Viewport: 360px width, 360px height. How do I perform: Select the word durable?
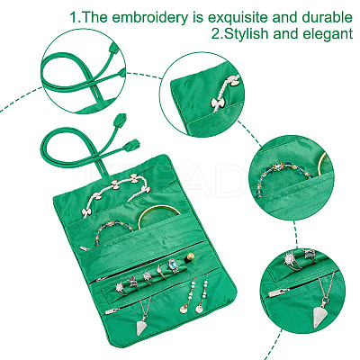pos(327,17)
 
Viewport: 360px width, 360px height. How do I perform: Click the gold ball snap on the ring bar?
pos(190,257)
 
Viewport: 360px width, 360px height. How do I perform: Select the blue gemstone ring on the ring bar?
pos(174,265)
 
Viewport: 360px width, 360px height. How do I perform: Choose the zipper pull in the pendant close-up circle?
pos(279,292)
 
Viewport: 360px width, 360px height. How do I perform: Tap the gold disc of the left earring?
pos(184,309)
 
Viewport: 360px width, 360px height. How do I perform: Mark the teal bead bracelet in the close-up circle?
pos(284,176)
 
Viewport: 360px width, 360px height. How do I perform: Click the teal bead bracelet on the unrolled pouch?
pos(114,229)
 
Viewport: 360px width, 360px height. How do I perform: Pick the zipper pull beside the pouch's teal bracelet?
pos(85,248)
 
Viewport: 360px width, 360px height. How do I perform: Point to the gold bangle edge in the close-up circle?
pos(322,164)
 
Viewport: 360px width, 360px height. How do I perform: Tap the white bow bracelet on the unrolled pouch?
pos(115,192)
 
